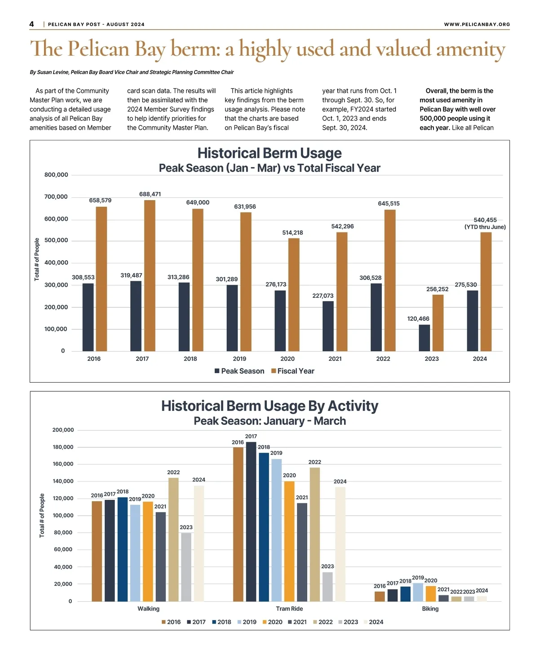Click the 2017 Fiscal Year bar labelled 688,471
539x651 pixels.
tap(150, 275)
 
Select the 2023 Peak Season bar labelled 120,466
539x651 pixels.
tap(424, 338)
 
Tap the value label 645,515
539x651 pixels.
tap(389, 204)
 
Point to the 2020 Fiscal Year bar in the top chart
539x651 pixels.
tap(294, 294)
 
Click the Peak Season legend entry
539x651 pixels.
tap(239, 371)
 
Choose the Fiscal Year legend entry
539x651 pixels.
tap(293, 371)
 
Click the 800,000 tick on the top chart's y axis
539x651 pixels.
tap(56, 175)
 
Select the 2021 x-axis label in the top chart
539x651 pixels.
tap(335, 359)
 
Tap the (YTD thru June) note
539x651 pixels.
tap(485, 227)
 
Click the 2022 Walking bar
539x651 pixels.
tap(173, 539)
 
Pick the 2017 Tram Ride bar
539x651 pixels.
tap(251, 521)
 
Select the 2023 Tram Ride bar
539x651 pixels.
tap(327, 586)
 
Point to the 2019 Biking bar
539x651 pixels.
tap(418, 592)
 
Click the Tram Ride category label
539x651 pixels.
tap(289, 609)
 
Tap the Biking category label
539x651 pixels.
tap(430, 609)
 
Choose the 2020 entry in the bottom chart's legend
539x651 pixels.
tap(273, 622)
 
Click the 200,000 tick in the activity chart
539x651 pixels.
tap(63, 430)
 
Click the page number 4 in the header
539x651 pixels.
tap(32, 24)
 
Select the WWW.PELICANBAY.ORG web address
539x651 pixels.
tap(477, 24)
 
